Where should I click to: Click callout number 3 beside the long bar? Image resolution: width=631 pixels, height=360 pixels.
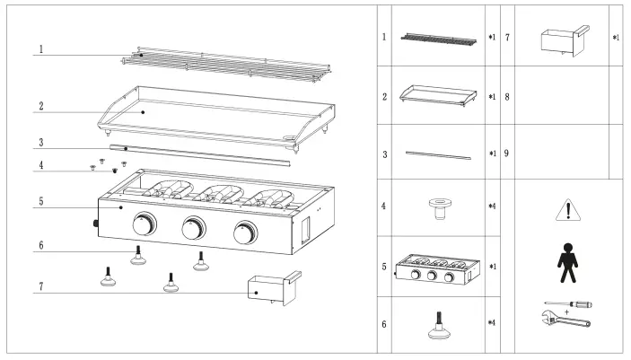[39, 142]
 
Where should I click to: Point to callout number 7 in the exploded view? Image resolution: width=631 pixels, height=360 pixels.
[39, 287]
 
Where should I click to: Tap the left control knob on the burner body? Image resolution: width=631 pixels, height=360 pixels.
[143, 225]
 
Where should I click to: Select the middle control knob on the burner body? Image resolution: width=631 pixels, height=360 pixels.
[193, 230]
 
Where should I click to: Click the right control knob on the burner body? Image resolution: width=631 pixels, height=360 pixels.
[243, 233]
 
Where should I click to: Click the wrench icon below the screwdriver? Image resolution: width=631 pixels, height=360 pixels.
[566, 320]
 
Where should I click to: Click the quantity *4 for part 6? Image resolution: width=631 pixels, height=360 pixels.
[492, 322]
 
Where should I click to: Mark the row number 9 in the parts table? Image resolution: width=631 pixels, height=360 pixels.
[507, 154]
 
